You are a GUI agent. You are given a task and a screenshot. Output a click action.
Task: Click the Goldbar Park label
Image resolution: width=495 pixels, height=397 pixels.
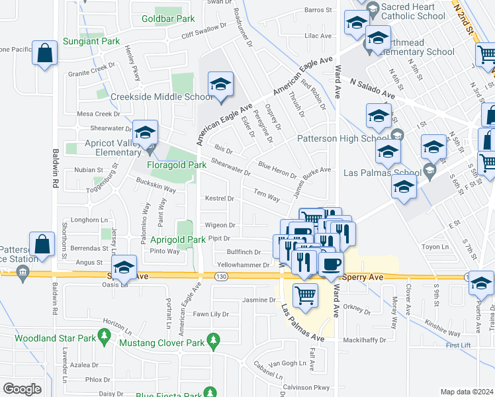click(x=167, y=19)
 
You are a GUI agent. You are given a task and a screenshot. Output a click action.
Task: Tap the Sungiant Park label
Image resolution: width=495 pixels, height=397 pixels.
click(x=91, y=41)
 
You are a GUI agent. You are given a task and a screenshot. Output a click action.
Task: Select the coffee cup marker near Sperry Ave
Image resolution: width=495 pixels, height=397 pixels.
click(x=331, y=264)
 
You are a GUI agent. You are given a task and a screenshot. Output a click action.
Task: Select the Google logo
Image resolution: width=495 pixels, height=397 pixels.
click(x=22, y=389)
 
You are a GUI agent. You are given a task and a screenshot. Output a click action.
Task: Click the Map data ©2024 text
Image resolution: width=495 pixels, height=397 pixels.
click(x=466, y=392)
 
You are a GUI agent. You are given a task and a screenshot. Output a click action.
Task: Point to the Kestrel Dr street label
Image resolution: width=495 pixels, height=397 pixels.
click(x=220, y=198)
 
